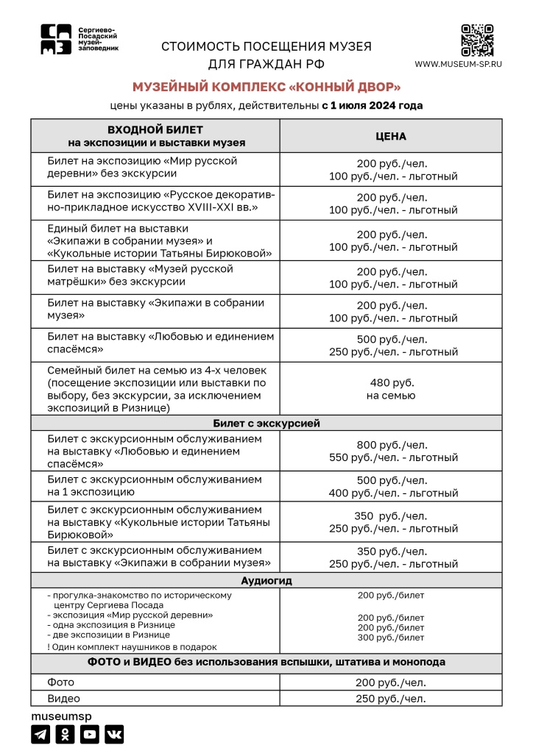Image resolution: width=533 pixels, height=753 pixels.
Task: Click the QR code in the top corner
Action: coord(476,40)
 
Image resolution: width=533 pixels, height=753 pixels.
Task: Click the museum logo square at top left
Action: coord(57,38)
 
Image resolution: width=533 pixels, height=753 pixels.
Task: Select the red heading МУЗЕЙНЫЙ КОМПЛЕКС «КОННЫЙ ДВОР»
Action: coord(266,87)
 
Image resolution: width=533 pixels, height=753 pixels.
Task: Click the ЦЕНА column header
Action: coord(391,136)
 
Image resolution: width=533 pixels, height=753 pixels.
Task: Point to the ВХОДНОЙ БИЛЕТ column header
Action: coord(155,136)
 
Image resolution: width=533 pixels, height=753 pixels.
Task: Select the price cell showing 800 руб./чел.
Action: coord(391,444)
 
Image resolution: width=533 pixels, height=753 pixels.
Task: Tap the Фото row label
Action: coord(61,682)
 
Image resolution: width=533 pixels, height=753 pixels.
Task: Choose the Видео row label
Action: coord(64,699)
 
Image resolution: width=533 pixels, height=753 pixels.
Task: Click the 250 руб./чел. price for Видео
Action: coord(391,699)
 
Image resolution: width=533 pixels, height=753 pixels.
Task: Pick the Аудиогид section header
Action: coord(266,580)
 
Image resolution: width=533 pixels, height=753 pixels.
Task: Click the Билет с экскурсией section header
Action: coord(266,423)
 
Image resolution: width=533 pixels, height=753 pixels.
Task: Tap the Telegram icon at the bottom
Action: coord(40,733)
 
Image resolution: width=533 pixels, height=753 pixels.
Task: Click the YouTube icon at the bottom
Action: coord(90,733)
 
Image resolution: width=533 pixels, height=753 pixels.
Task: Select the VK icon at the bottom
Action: coord(114,733)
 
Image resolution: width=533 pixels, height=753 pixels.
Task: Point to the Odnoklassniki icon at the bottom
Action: coord(65,733)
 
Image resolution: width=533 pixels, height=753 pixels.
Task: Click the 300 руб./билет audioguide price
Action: coord(391,638)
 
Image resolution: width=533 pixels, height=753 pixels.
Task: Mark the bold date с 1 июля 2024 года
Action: coord(372,105)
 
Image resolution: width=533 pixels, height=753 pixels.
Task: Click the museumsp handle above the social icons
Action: coord(61,715)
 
